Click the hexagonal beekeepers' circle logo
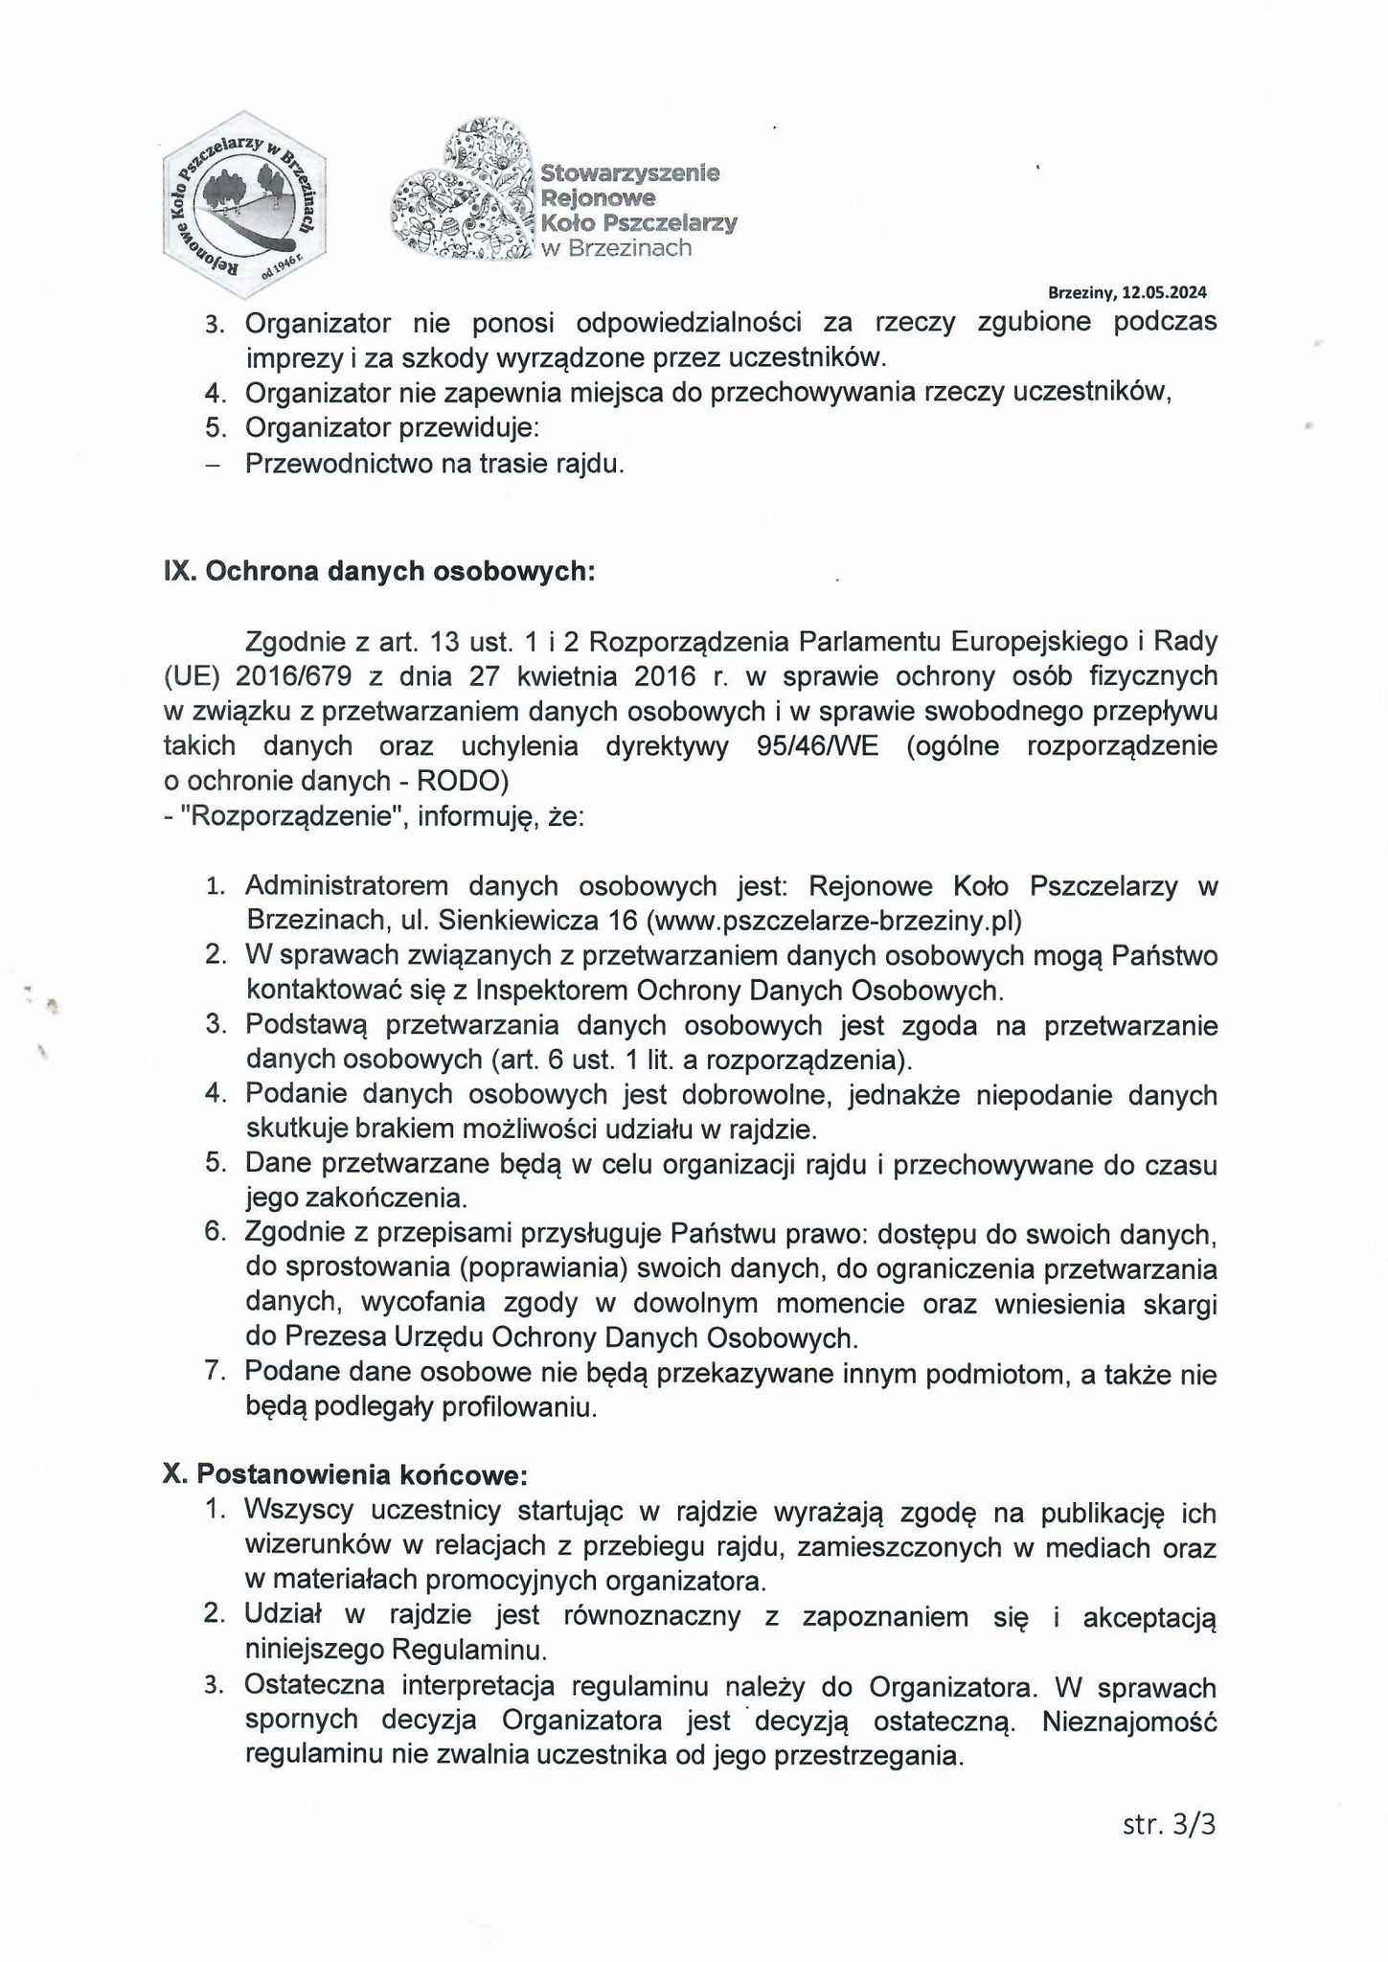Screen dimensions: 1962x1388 pyautogui.click(x=244, y=204)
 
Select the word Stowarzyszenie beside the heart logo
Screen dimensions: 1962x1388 pyautogui.click(x=629, y=174)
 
